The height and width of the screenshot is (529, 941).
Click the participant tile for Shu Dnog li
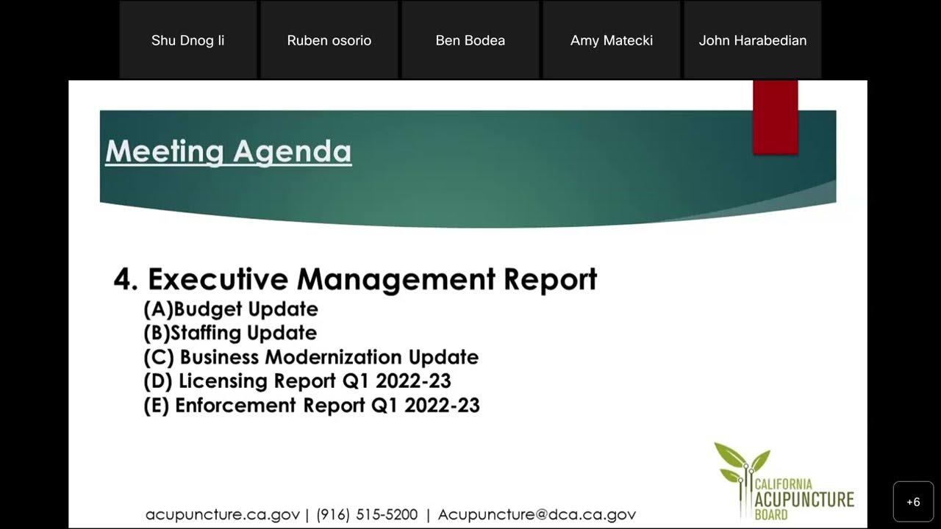pos(187,40)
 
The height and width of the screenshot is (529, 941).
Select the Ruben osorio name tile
pos(329,40)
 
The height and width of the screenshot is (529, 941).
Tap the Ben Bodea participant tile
pos(470,40)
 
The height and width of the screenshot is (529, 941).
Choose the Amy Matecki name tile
pos(611,40)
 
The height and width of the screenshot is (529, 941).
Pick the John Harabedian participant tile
pos(752,40)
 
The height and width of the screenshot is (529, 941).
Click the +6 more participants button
pos(913,502)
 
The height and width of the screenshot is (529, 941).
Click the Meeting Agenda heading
pos(228,151)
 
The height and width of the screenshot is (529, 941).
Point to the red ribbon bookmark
pos(775,117)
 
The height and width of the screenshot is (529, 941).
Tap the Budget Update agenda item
pos(231,309)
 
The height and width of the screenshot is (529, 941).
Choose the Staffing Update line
pos(230,333)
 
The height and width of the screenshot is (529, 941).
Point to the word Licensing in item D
pos(223,381)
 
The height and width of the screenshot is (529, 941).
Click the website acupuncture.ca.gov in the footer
pos(222,514)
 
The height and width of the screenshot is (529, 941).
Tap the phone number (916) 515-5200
pos(367,514)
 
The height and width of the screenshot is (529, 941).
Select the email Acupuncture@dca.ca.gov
pos(537,514)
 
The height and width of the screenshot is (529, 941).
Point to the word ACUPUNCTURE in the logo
pos(804,500)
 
